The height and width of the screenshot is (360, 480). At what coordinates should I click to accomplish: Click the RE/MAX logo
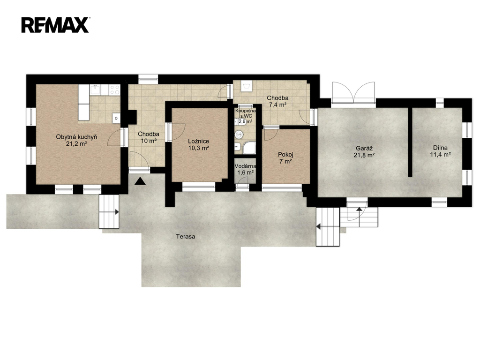tap(55, 25)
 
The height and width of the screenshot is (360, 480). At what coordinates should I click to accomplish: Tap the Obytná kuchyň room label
tap(76, 137)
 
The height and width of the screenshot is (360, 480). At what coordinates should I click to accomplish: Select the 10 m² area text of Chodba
tap(149, 141)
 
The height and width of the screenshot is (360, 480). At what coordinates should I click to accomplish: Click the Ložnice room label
tap(198, 141)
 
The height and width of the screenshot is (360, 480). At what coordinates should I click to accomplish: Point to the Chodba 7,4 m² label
tap(277, 101)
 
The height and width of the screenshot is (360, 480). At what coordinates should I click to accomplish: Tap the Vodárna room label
tap(246, 166)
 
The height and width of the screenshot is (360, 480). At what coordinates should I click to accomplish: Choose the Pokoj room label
tap(285, 155)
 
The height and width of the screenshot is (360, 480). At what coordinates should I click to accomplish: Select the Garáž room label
tap(364, 149)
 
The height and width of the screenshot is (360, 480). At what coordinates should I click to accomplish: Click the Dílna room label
tap(440, 148)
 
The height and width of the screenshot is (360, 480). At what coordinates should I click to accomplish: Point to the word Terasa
tap(186, 236)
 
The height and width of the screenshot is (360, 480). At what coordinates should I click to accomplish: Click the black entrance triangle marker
tap(140, 181)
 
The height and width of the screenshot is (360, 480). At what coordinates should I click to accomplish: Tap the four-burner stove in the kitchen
tap(115, 90)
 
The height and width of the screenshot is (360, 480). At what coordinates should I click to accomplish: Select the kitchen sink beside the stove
tap(96, 90)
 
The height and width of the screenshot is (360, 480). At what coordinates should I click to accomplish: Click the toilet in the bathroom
tap(239, 134)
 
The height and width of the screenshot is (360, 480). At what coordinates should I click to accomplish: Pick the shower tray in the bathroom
tap(248, 148)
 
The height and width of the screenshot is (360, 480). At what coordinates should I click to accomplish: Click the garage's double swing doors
tap(353, 92)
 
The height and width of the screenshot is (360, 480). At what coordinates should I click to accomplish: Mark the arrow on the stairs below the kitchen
tap(117, 211)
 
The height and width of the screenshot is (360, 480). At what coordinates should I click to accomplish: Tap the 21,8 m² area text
tap(364, 155)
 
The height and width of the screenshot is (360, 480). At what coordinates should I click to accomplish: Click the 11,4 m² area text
tap(440, 155)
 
